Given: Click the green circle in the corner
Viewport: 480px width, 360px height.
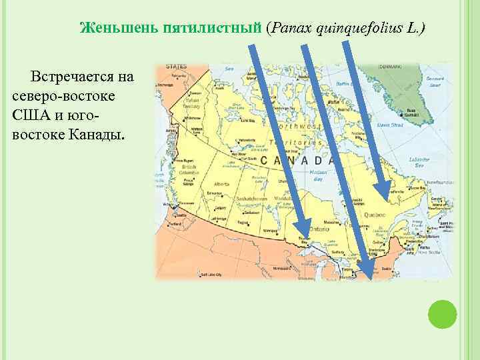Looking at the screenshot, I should pyautogui.click(x=442, y=313).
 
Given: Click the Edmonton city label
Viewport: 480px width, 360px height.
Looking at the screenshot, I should pyautogui.click(x=215, y=193).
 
